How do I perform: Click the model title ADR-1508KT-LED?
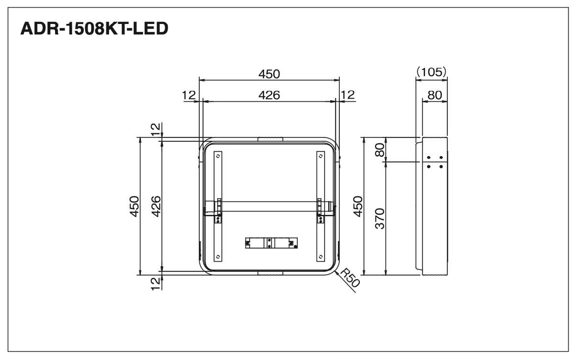tap(94, 28)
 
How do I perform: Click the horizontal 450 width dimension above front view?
tap(269, 74)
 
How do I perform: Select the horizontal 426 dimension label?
tap(269, 95)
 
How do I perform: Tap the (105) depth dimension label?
tap(431, 72)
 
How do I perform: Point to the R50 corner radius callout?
tap(350, 278)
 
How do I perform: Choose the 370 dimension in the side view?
tap(380, 218)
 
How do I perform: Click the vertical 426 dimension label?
tap(156, 206)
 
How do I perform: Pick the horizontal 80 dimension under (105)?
tap(435, 95)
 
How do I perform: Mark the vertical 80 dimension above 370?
tap(380, 150)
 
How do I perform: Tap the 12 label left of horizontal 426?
tap(189, 95)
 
